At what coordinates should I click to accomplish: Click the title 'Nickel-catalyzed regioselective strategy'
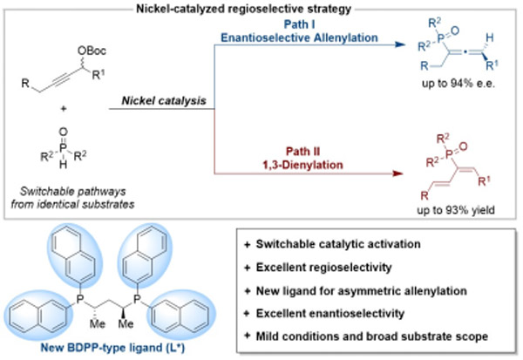click(261, 8)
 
